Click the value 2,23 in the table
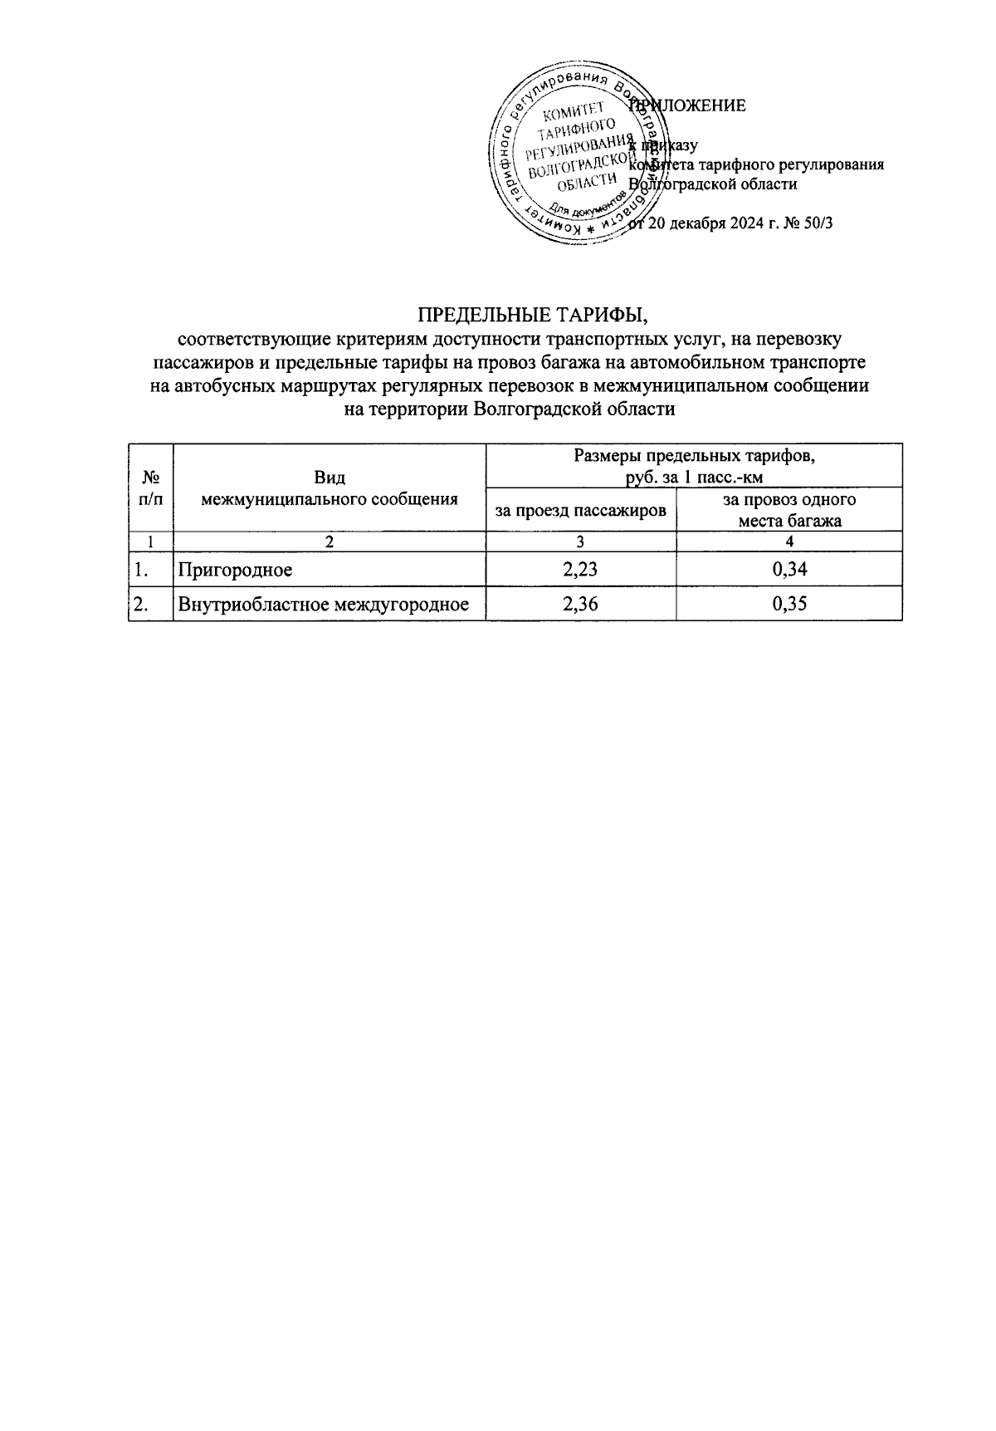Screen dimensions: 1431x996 point(580,569)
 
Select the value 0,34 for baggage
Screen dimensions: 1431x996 point(789,569)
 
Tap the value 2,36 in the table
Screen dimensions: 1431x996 point(580,605)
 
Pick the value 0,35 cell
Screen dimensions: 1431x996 point(789,605)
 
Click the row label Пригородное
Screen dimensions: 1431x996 point(236,570)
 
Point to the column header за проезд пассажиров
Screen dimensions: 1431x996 point(580,510)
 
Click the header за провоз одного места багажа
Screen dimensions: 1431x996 point(789,510)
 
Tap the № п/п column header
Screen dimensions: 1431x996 point(151,488)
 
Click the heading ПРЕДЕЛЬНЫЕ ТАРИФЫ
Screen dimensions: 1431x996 point(531,316)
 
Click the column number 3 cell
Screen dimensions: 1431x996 point(580,542)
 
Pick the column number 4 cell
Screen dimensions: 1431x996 point(789,542)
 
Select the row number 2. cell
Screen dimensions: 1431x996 point(141,605)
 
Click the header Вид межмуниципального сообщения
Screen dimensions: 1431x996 point(330,488)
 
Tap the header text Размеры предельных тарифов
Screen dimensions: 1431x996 point(694,456)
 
